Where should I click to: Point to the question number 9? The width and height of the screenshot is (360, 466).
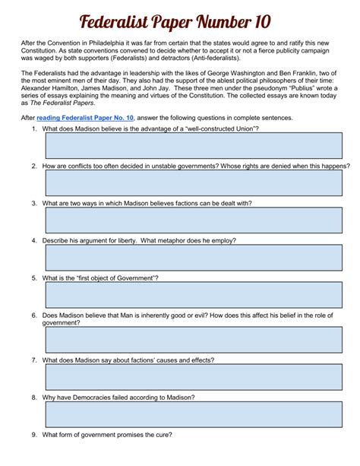(34, 435)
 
